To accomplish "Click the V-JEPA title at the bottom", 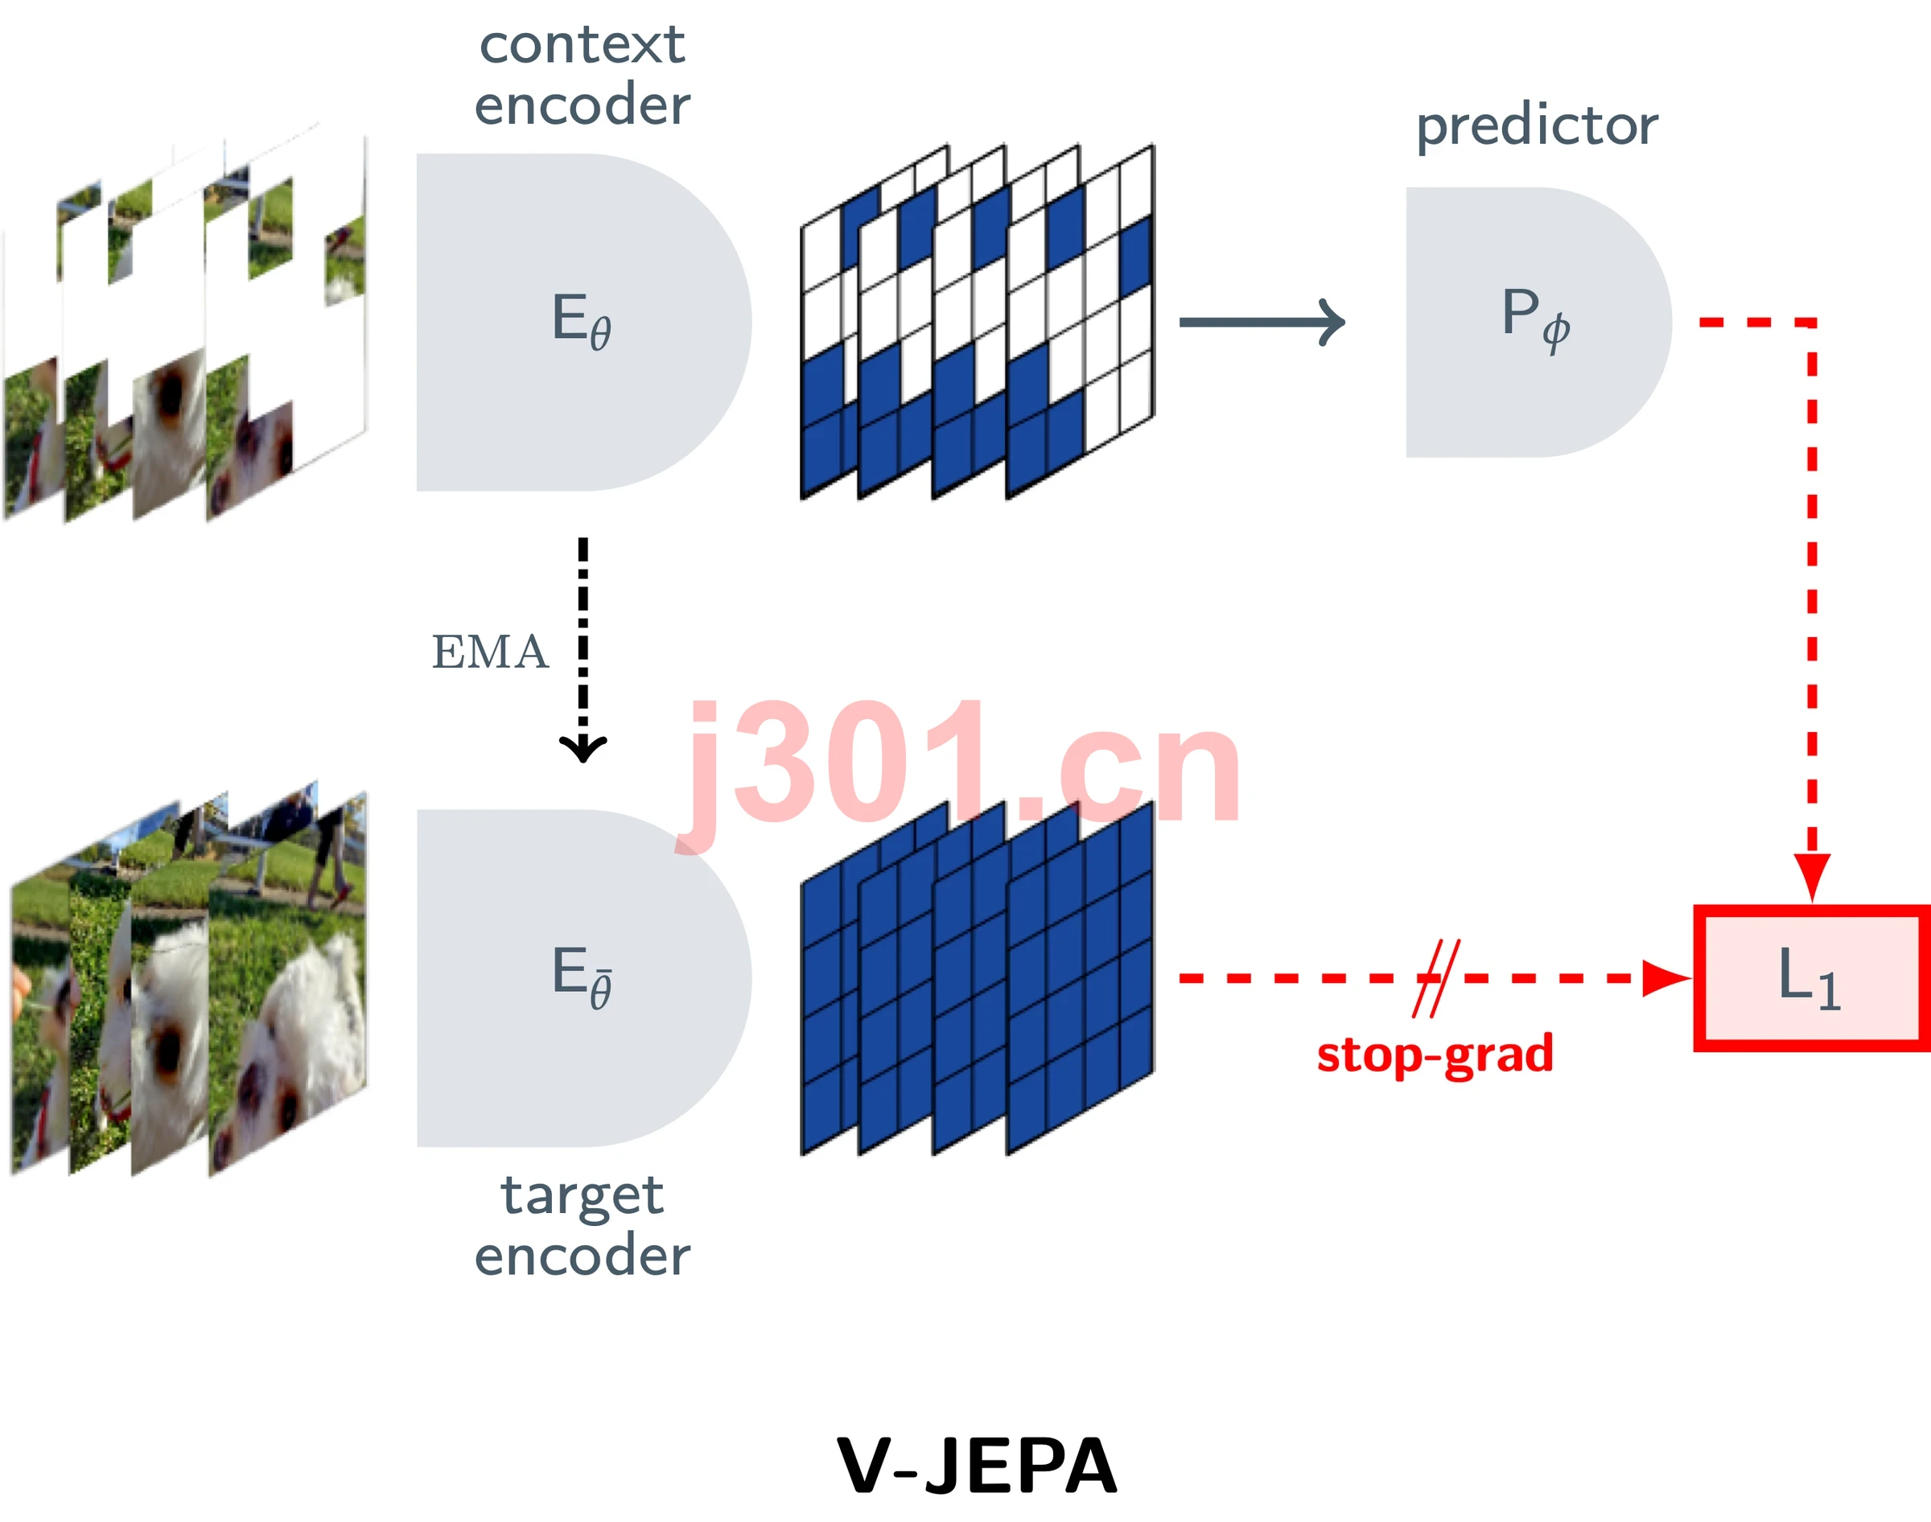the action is click(x=977, y=1466).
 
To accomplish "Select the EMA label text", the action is click(x=489, y=652).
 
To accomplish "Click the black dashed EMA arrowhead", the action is click(x=583, y=747).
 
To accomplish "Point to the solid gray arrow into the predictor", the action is click(x=1262, y=322).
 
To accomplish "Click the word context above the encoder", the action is click(x=582, y=44).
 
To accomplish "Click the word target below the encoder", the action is click(x=582, y=1196).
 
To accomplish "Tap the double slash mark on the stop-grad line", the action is click(x=1436, y=977).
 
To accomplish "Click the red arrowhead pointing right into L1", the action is click(x=1667, y=977).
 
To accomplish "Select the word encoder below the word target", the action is click(x=582, y=1256).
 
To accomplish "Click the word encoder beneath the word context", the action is click(x=582, y=105).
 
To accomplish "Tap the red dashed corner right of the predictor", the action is click(x=1812, y=322).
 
